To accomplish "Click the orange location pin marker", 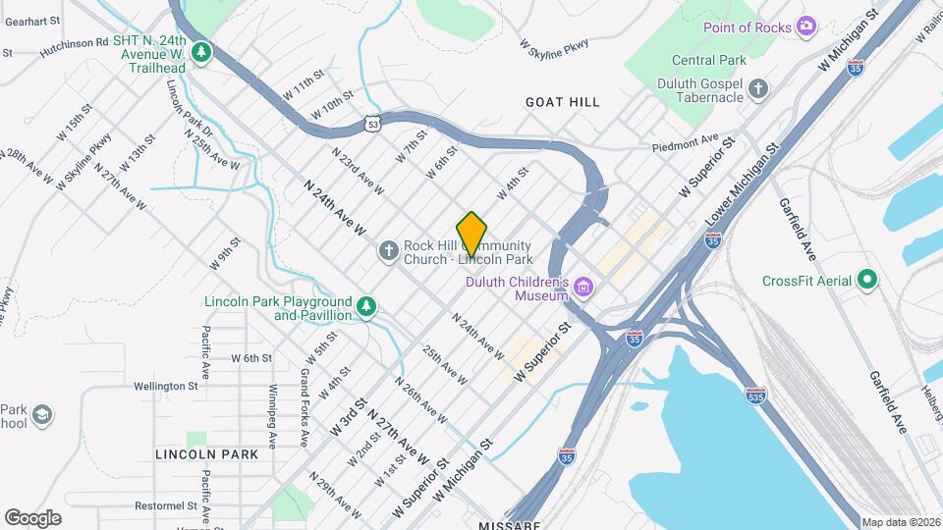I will [472, 234].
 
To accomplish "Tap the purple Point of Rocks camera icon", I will [806, 26].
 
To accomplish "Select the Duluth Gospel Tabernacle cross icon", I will [758, 90].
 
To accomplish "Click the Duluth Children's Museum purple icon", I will [584, 288].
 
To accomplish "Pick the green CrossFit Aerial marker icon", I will [867, 281].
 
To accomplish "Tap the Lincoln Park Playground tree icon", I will [366, 307].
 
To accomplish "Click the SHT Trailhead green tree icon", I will [201, 51].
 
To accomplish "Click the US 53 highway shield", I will [370, 123].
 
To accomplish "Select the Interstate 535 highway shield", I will [754, 396].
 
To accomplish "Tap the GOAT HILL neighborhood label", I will [562, 102].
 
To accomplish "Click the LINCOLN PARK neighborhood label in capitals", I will [206, 454].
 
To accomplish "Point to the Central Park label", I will [709, 60].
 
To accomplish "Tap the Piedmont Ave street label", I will [687, 144].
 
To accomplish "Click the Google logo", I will [32, 517].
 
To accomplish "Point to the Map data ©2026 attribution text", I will [901, 522].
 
